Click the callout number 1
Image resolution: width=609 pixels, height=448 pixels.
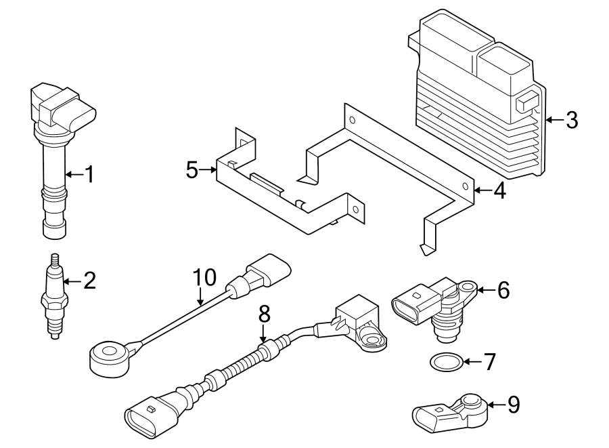click(x=88, y=175)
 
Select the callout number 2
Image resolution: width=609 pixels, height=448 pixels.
click(x=89, y=279)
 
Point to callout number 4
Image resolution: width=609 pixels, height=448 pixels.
click(x=499, y=190)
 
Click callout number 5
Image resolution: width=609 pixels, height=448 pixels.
click(x=193, y=169)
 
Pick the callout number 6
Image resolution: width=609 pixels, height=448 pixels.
click(x=502, y=290)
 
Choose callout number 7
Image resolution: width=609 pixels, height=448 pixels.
click(x=489, y=362)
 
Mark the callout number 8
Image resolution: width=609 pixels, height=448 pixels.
click(x=264, y=313)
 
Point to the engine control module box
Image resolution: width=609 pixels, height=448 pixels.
click(x=480, y=95)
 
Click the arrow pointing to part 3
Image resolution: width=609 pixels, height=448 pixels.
click(x=554, y=121)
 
